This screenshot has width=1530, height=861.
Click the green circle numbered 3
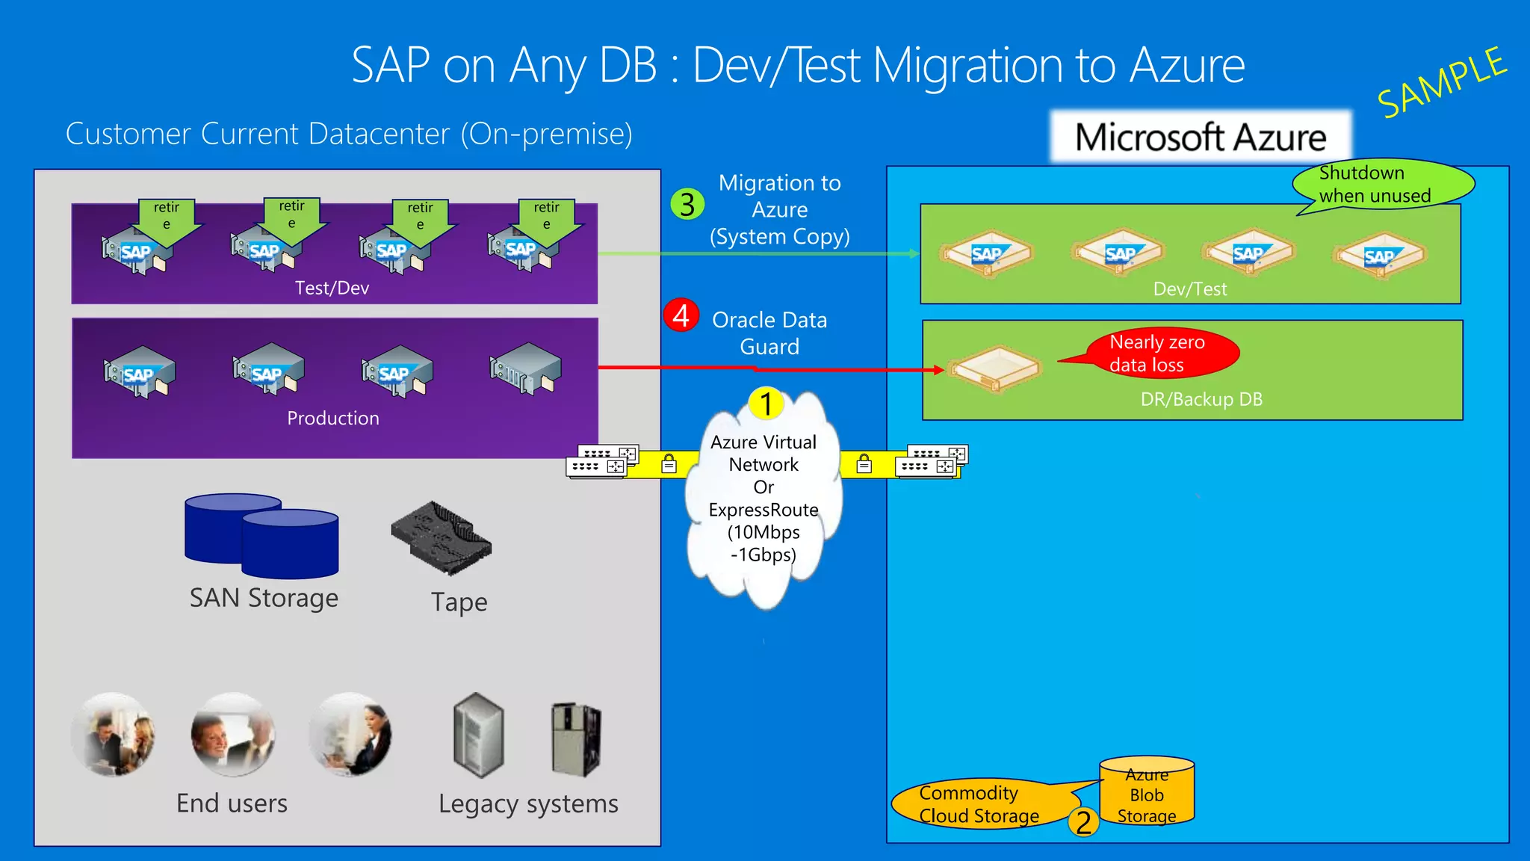687,204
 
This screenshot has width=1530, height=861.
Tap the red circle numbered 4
681,315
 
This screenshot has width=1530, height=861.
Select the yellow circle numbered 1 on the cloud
766,404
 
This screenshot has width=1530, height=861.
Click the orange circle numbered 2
1083,822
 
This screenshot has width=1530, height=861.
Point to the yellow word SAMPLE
1441,82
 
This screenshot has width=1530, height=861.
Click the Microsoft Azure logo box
1201,138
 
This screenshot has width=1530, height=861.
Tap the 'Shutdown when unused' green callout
1382,184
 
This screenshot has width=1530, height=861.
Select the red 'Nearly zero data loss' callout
1162,353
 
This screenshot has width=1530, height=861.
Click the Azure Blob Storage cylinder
1147,793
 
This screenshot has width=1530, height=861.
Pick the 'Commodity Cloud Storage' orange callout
979,804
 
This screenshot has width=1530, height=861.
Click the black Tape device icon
442,537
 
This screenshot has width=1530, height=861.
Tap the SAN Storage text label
264,598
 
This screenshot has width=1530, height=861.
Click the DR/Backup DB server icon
994,368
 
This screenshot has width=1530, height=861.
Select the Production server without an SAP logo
525,368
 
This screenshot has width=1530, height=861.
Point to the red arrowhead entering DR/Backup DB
939,370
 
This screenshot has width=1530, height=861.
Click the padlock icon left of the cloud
669,464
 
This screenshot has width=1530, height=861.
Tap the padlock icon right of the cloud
864,464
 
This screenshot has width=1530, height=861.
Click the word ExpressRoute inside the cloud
764,510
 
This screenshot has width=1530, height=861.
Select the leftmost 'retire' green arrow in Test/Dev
167,220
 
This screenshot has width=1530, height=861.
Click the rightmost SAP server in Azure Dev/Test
1379,256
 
